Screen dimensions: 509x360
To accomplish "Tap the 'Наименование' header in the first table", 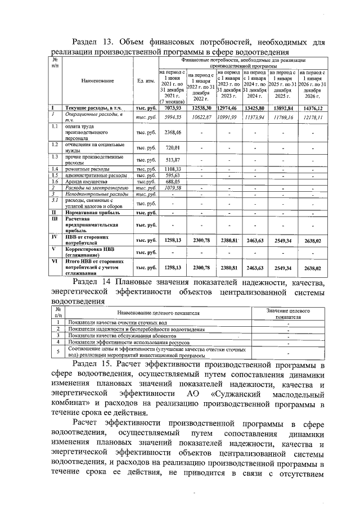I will tap(97, 81).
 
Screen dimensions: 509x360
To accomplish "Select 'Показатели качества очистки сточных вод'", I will tap(116, 322).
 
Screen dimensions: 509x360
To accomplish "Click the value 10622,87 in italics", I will tap(201, 117).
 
